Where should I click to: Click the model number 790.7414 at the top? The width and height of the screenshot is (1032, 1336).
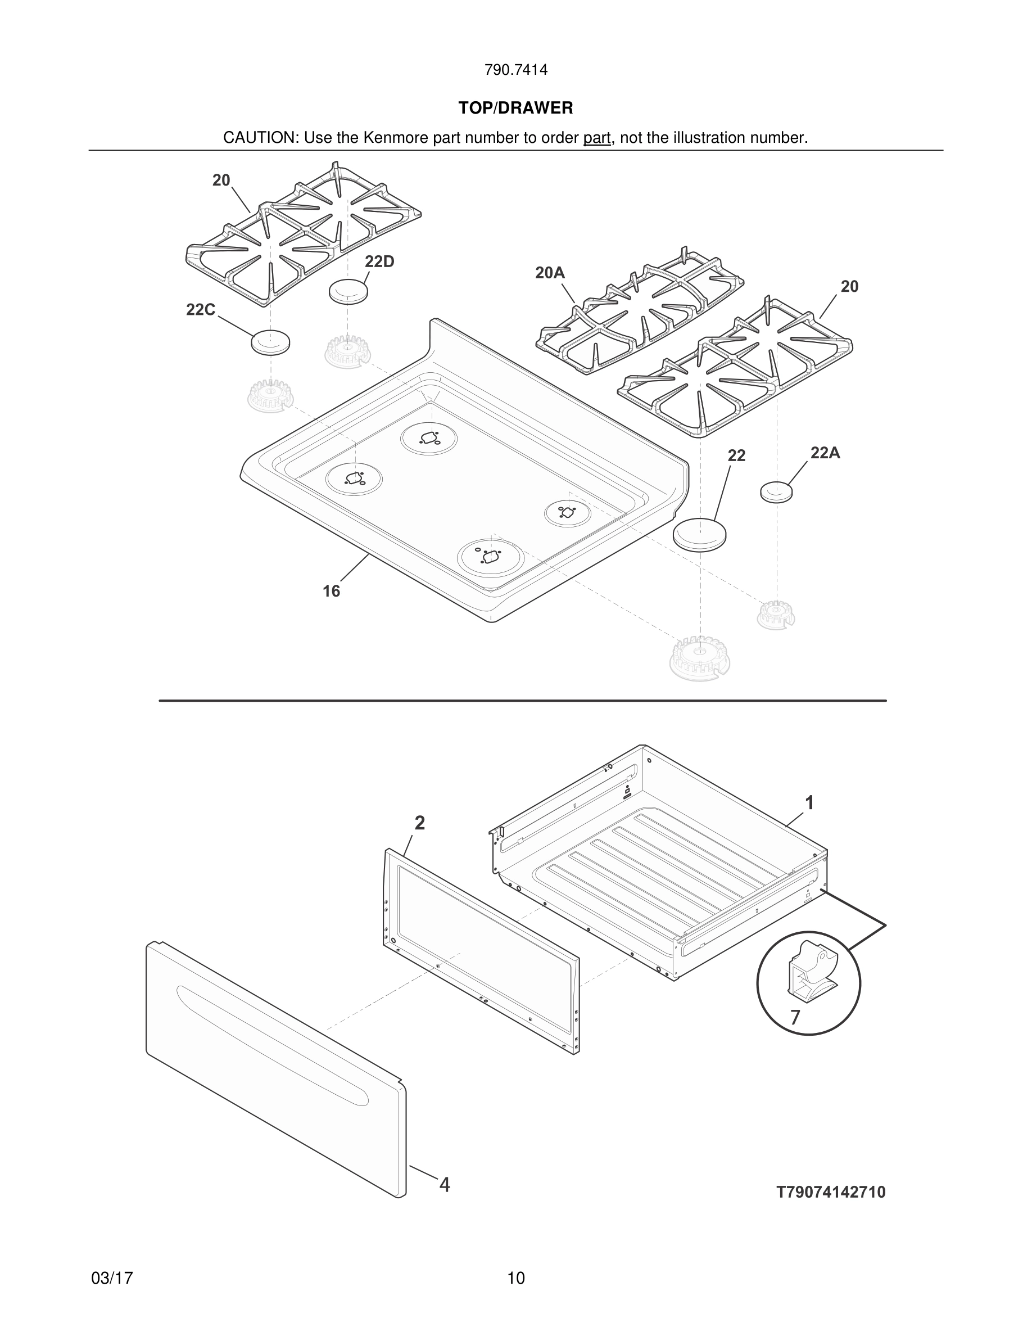pyautogui.click(x=515, y=70)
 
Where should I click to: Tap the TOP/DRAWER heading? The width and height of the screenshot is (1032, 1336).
pyautogui.click(x=515, y=109)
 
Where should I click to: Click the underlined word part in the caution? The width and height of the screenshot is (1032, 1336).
pyautogui.click(x=597, y=138)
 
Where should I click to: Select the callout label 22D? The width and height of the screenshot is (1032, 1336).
pyautogui.click(x=379, y=262)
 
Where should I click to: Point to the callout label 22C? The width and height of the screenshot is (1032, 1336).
pyautogui.click(x=201, y=310)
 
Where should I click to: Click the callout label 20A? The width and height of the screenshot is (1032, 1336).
pyautogui.click(x=550, y=273)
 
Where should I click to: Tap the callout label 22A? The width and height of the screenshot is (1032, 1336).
pyautogui.click(x=825, y=453)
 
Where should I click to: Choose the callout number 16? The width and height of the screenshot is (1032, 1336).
pyautogui.click(x=332, y=591)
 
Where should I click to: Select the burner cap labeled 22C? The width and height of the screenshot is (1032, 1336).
pyautogui.click(x=270, y=342)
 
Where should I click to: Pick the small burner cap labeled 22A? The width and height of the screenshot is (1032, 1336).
pyautogui.click(x=776, y=491)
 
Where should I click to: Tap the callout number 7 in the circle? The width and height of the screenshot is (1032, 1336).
pyautogui.click(x=795, y=1017)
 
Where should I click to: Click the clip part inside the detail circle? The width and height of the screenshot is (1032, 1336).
pyautogui.click(x=808, y=973)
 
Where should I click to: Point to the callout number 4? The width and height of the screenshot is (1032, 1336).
pyautogui.click(x=445, y=1185)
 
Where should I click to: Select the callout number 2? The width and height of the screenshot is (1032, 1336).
pyautogui.click(x=419, y=823)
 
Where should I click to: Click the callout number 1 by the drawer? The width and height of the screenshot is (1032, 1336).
pyautogui.click(x=809, y=802)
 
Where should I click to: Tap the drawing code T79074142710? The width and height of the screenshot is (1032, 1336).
pyautogui.click(x=831, y=1192)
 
